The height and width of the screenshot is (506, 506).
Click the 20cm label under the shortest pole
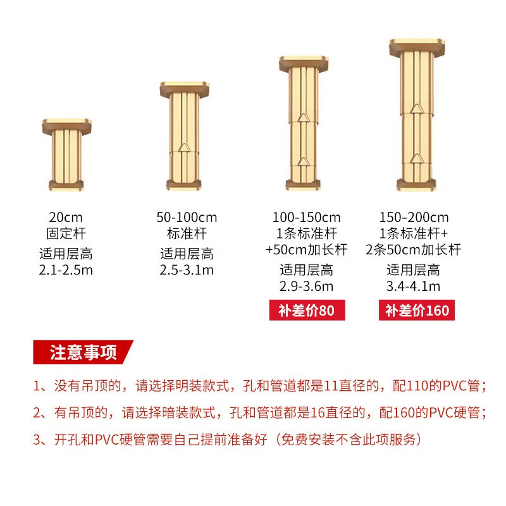tap(65, 218)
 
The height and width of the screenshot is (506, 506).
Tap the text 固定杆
tap(65, 232)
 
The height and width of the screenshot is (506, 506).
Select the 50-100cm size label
tap(187, 218)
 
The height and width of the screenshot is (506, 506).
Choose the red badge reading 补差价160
tap(417, 311)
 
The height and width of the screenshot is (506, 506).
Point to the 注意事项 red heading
tap(83, 352)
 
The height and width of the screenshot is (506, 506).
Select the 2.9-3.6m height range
tap(307, 287)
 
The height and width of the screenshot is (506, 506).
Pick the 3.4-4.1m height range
tap(414, 287)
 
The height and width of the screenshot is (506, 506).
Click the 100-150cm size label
tap(307, 218)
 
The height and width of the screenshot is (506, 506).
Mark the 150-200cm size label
tap(414, 218)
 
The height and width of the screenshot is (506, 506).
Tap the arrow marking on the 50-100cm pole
tap(185, 148)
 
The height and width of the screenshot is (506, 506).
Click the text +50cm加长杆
tap(307, 249)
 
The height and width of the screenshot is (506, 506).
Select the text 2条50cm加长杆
tap(414, 249)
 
